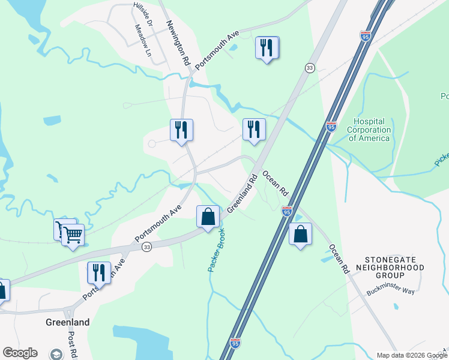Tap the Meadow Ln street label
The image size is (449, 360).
(143, 40)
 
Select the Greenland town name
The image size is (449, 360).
(67, 322)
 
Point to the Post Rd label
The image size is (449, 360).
(71, 345)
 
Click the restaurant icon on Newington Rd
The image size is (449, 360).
(181, 130)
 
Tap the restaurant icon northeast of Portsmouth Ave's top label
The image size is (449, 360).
(267, 48)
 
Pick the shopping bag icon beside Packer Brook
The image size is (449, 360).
(208, 217)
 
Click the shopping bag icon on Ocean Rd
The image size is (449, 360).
(300, 234)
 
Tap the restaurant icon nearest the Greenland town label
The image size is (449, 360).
(99, 273)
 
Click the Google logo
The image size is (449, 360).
(20, 353)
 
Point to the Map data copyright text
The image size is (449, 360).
(412, 355)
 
